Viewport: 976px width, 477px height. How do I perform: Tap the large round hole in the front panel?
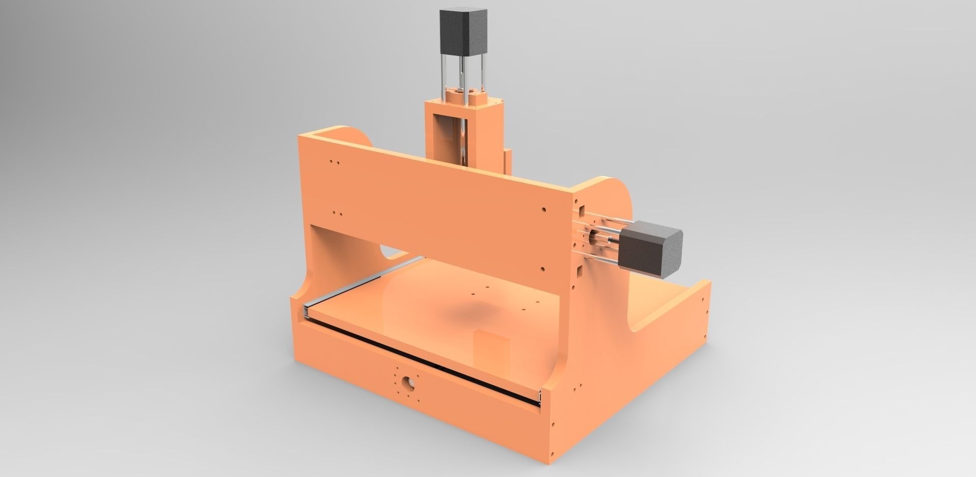(407, 382)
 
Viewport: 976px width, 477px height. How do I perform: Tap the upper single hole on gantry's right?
(544, 209)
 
